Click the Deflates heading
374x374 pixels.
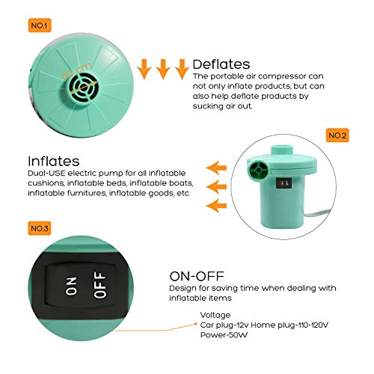[221, 64]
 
